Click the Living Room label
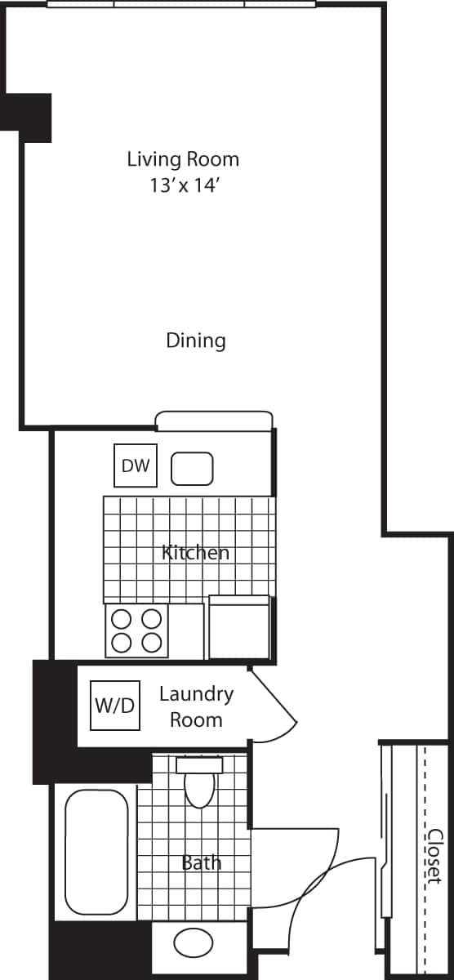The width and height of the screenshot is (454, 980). (x=183, y=158)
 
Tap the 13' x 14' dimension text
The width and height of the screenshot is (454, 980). (x=183, y=185)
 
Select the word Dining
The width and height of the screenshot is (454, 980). (x=196, y=340)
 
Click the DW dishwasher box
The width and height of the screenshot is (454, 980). (x=136, y=465)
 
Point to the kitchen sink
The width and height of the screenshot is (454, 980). (x=192, y=470)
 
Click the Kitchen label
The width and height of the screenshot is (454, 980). (x=196, y=553)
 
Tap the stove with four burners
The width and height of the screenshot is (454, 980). (x=136, y=630)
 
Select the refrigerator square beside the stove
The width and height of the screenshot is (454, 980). (x=239, y=627)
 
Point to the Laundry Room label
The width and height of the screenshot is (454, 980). (x=196, y=706)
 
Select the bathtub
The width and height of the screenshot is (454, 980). (x=96, y=853)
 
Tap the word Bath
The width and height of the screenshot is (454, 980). (x=201, y=862)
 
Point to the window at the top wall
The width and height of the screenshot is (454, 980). (x=181, y=4)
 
